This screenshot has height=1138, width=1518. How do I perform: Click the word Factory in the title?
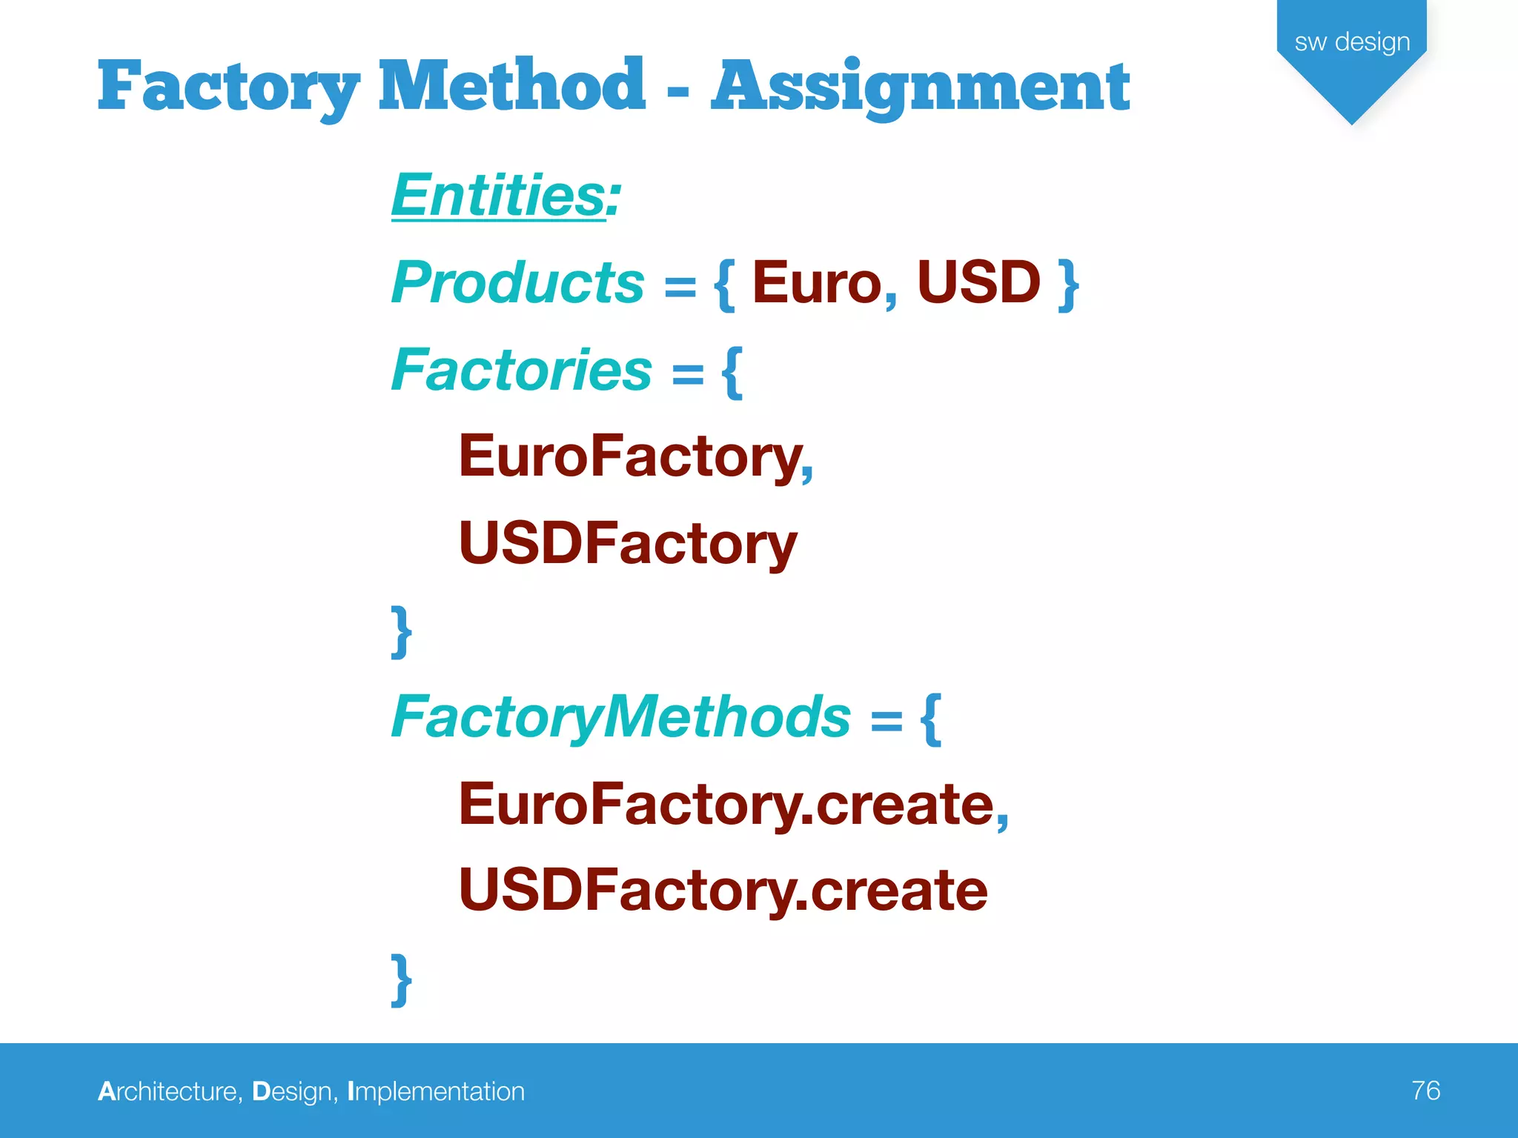228,87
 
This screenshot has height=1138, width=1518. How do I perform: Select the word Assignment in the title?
920,87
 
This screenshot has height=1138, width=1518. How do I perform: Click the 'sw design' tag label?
1352,42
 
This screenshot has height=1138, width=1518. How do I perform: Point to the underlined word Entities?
499,195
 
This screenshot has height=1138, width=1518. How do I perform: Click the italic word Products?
517,282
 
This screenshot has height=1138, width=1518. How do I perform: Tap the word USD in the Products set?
978,282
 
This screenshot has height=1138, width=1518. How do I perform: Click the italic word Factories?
521,370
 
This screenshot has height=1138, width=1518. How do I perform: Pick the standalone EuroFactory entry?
631,456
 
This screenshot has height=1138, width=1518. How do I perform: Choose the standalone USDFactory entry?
628,543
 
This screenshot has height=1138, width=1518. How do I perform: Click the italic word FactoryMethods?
621,716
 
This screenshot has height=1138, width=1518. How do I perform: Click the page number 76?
1425,1091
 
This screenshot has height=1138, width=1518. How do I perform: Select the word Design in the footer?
294,1091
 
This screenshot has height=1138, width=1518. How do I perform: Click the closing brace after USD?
1068,284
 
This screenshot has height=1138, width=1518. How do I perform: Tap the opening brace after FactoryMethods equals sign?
931,718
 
